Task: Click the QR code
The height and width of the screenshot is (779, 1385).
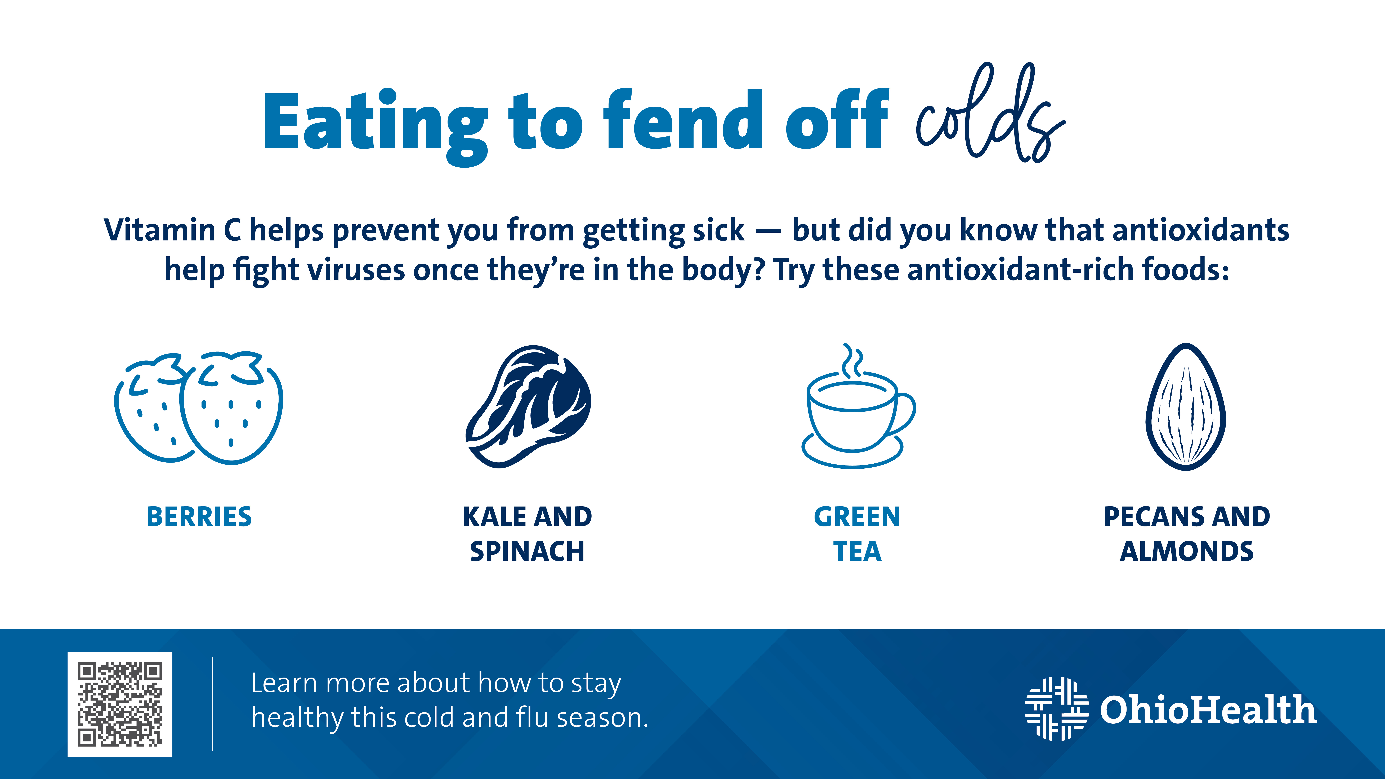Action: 120,704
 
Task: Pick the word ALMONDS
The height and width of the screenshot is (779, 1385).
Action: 1187,552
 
